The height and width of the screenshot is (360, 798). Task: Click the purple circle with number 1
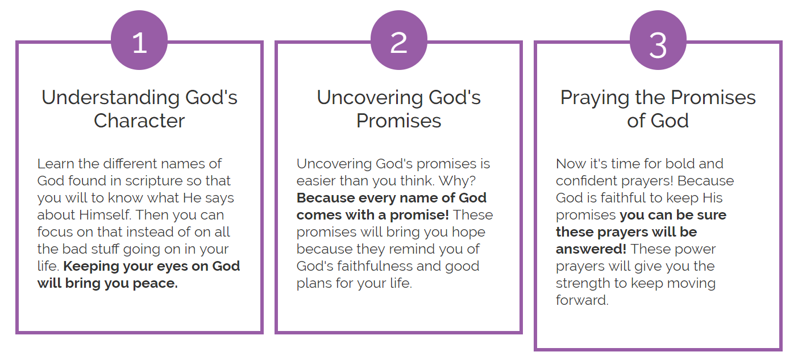139,40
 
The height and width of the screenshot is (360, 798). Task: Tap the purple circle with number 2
398,40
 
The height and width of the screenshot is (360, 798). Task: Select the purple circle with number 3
658,40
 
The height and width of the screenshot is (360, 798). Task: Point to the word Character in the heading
139,121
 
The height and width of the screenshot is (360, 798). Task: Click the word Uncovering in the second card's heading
369,98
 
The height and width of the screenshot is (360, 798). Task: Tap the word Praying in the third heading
595,98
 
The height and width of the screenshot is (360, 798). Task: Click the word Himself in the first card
105,215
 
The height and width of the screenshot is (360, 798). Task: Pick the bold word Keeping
91,267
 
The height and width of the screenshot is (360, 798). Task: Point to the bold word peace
155,284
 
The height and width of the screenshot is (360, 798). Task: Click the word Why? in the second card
457,181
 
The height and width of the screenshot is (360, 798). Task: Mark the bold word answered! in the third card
591,249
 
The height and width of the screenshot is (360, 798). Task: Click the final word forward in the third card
582,300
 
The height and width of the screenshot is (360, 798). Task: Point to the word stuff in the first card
105,249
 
